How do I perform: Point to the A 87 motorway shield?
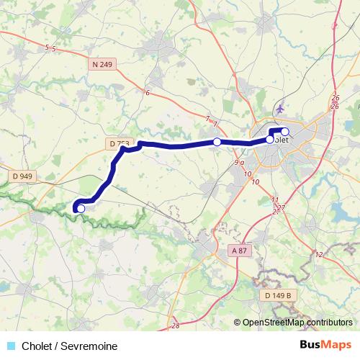coord(239,250)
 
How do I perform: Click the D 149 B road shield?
coord(276,294)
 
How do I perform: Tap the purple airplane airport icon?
coord(279,109)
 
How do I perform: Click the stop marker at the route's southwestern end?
coord(81,209)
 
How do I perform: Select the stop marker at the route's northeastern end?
coord(285,131)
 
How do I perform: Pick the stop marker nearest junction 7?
coord(217,142)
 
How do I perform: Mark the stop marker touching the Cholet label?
coord(270,140)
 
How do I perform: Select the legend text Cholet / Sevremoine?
coord(69,346)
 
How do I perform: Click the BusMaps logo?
coord(326,346)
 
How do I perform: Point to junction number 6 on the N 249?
coord(147,93)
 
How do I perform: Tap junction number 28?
coord(175,326)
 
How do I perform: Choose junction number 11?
coord(274,199)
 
